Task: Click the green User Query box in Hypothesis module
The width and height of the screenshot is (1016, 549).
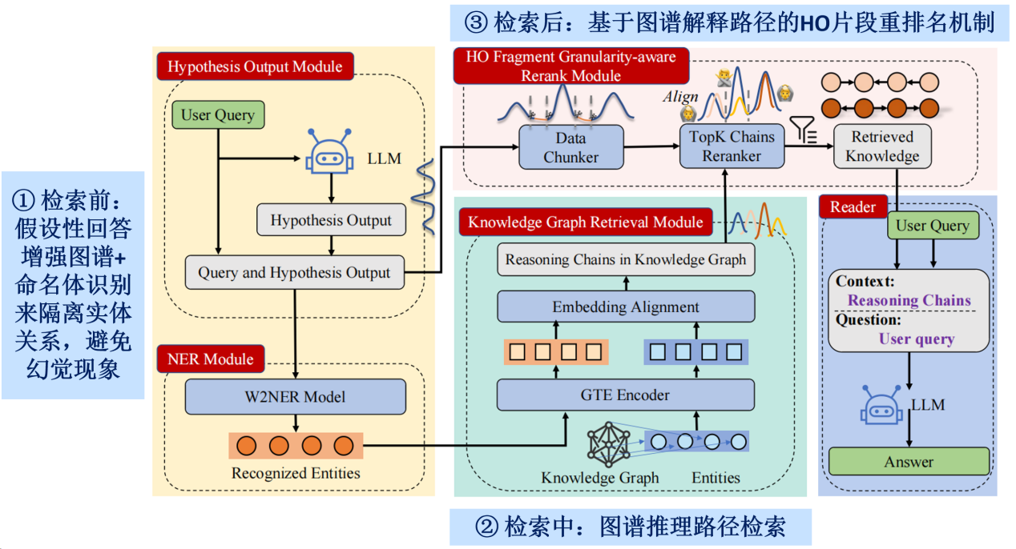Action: pos(218,114)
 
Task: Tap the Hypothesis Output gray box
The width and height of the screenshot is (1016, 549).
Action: pos(331,220)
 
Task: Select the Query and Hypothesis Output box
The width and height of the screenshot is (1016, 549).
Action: pos(294,273)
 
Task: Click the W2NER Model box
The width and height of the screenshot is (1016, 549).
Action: pos(295,397)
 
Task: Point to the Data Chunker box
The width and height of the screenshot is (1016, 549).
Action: pos(570,146)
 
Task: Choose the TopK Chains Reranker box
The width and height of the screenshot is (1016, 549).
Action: pos(732,146)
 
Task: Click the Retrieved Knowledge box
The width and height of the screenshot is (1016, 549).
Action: pos(881,146)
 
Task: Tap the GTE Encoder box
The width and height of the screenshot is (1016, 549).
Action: pos(625,395)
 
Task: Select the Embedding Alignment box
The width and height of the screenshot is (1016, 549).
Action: pos(625,307)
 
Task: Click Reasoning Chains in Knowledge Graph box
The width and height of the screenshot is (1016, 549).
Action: pos(625,259)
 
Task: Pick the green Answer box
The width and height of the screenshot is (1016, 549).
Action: pos(909,462)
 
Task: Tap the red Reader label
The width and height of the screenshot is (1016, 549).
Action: pos(853,207)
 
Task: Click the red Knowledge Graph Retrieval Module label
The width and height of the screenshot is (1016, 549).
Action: pos(585,222)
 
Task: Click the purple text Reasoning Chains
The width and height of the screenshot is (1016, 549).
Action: pos(909,301)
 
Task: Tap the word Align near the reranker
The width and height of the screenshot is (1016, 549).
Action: pos(679,97)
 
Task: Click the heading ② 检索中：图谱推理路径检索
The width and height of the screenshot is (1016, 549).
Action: pos(630,527)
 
